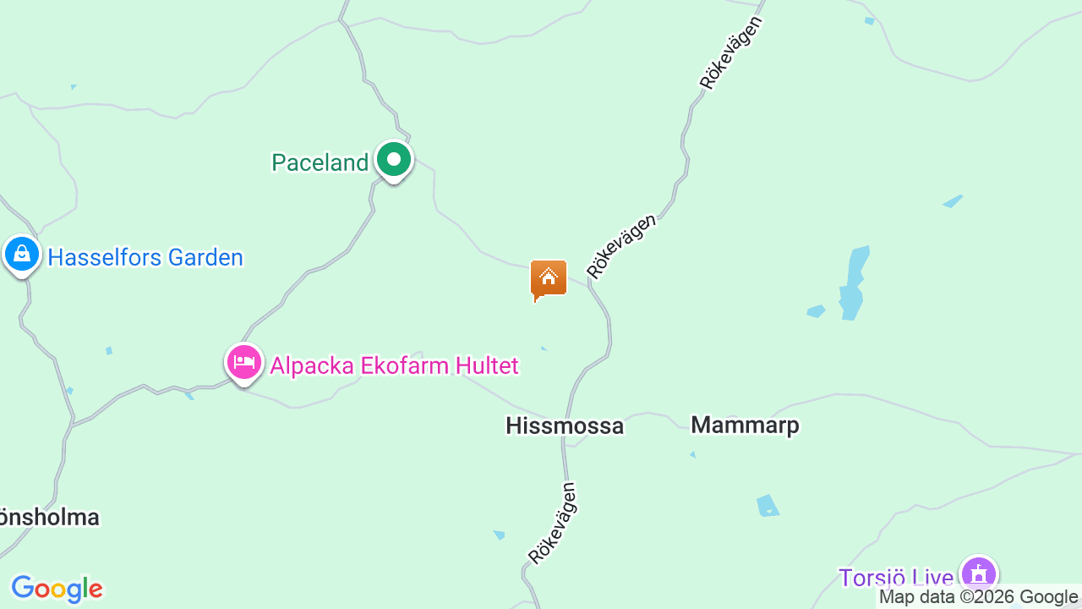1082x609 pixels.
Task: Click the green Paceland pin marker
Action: point(393,160)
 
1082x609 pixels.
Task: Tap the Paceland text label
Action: point(320,162)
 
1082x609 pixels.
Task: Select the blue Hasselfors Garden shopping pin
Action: point(22,254)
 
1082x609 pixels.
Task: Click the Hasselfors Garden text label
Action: point(145,257)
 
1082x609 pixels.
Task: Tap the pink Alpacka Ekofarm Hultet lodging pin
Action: point(244,363)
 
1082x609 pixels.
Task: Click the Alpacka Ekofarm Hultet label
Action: point(394,365)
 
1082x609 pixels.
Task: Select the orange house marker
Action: point(549,278)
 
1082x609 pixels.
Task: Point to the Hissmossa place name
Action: point(565,425)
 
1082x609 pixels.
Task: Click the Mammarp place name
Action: point(745,425)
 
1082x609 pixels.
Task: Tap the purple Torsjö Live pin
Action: point(979,574)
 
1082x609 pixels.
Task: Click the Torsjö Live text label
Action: point(896,578)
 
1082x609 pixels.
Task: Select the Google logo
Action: point(57,589)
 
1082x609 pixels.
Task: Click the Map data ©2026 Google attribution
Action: point(979,597)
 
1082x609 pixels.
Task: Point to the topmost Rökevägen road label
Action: point(731,52)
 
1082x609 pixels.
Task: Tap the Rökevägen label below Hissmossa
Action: point(552,523)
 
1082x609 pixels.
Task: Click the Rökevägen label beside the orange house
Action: point(621,246)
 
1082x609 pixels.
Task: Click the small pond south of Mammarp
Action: point(768,505)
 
